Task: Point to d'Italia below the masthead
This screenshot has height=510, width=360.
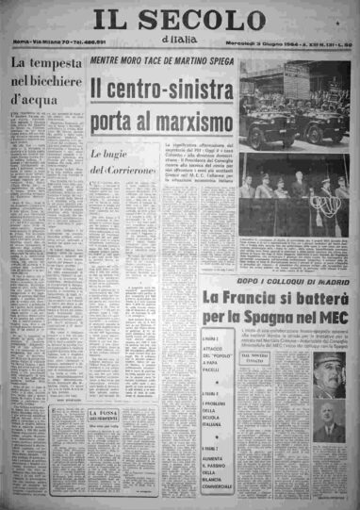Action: click(x=182, y=37)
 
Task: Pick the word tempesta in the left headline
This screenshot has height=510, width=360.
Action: click(x=57, y=63)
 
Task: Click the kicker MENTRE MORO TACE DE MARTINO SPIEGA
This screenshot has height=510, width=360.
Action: click(x=162, y=61)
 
